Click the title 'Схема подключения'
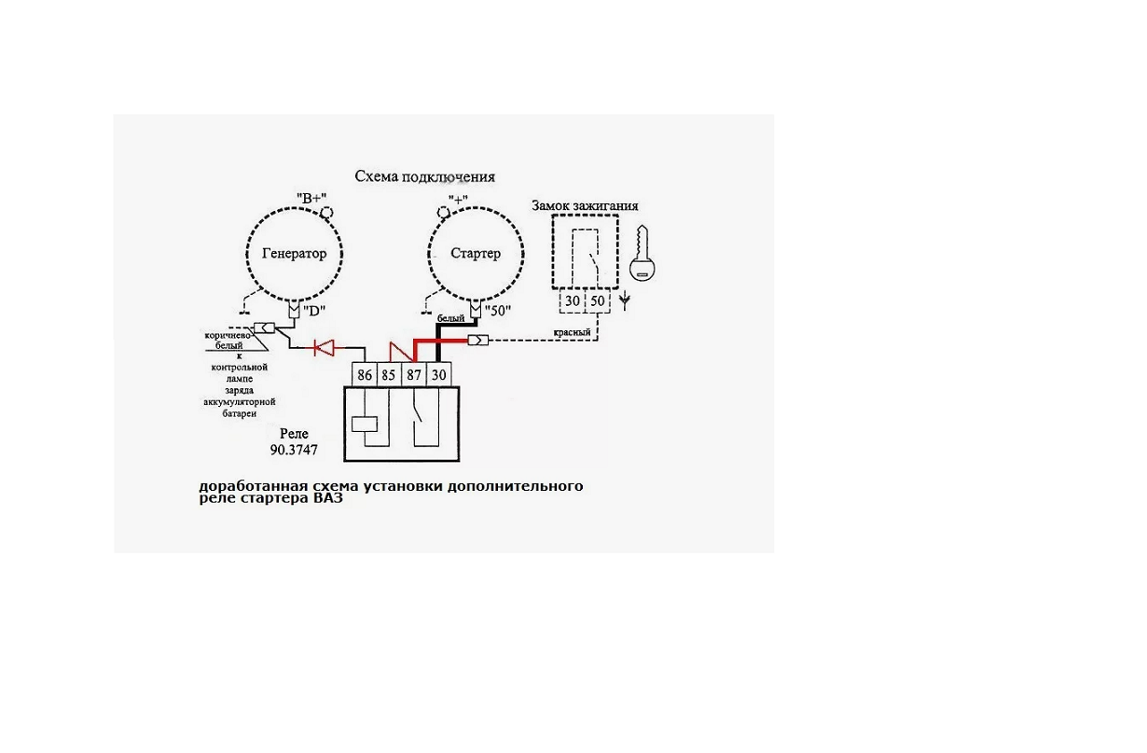pyautogui.click(x=424, y=176)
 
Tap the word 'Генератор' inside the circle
pyautogui.click(x=294, y=254)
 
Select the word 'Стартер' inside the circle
pyautogui.click(x=476, y=254)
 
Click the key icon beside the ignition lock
pyautogui.click(x=643, y=255)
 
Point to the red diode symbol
pyautogui.click(x=325, y=348)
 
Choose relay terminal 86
pyautogui.click(x=365, y=375)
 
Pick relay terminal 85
pyautogui.click(x=389, y=375)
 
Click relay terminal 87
pyautogui.click(x=414, y=375)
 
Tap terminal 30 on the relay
pyautogui.click(x=439, y=375)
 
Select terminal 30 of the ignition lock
pyautogui.click(x=573, y=302)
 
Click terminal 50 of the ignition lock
pyautogui.click(x=598, y=302)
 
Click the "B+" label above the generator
pyautogui.click(x=312, y=198)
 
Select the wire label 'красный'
pyautogui.click(x=571, y=333)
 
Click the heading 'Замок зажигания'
pyautogui.click(x=585, y=205)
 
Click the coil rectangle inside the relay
pyautogui.click(x=365, y=424)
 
